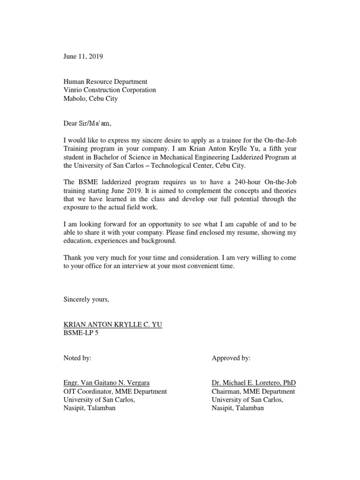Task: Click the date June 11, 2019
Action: tap(83, 57)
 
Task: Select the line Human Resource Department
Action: tap(105, 82)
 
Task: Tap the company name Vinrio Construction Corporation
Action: tap(110, 90)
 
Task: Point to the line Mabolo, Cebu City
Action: tap(91, 98)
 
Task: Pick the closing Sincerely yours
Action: tap(86, 299)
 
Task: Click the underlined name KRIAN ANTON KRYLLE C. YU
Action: tap(113, 325)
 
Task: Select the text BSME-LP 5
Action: tap(81, 333)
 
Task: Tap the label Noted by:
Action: tap(77, 359)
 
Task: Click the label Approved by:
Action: tap(231, 359)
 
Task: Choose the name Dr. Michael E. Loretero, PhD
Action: tap(254, 383)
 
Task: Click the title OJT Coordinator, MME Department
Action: tap(115, 391)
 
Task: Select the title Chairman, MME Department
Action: tap(253, 391)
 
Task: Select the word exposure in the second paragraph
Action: tap(77, 207)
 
